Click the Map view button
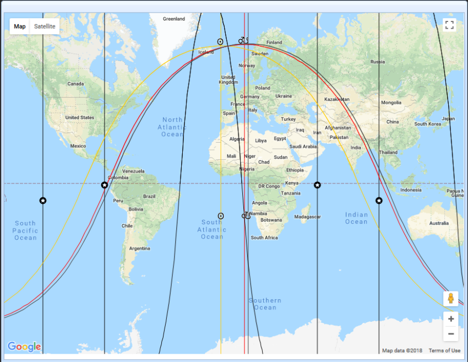(x=20, y=26)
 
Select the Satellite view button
(x=45, y=26)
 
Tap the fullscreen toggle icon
(x=449, y=25)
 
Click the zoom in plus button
(x=451, y=319)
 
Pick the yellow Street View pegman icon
(x=451, y=299)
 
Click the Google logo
(x=24, y=347)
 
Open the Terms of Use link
(x=444, y=350)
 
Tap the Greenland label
(x=174, y=19)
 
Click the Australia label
(x=439, y=223)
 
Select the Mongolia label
(x=391, y=102)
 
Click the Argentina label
(x=140, y=248)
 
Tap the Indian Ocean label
(x=356, y=218)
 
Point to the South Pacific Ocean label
(x=25, y=230)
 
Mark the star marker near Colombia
(x=105, y=185)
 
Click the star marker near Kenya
(x=317, y=185)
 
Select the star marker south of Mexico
(x=43, y=201)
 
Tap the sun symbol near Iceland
(x=220, y=41)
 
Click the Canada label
(x=75, y=84)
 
